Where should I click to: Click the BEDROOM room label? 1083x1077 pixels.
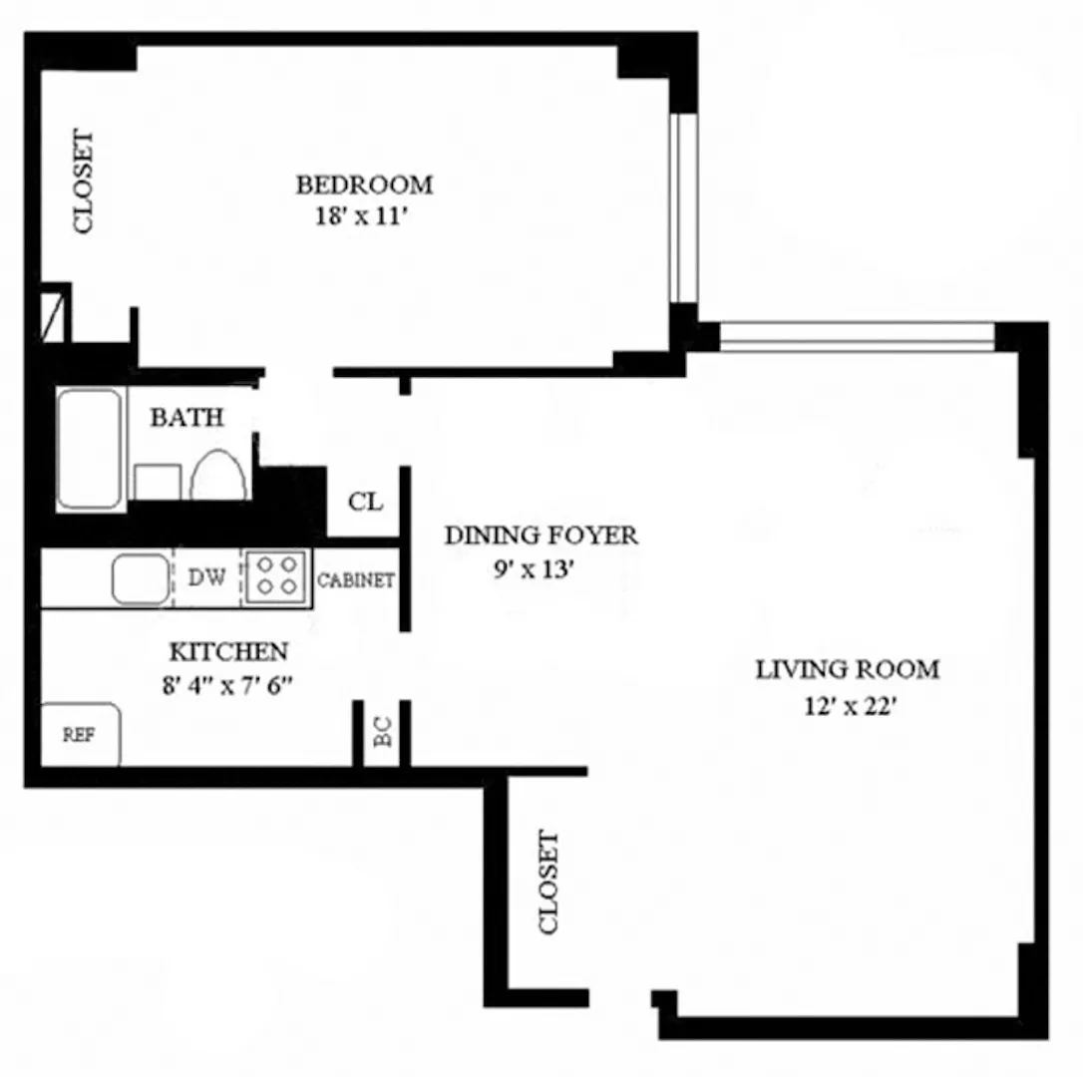point(364,184)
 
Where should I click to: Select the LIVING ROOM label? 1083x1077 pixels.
point(847,669)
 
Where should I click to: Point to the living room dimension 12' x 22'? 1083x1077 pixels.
point(852,706)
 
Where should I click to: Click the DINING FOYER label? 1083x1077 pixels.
point(541,536)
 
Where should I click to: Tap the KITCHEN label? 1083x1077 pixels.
point(228,652)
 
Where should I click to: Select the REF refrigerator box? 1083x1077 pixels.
point(80,735)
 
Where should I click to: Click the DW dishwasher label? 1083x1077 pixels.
point(206,577)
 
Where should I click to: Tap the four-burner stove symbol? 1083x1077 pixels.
point(274,576)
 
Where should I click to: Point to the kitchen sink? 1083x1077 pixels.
point(140,579)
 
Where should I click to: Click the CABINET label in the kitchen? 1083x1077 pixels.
point(356,580)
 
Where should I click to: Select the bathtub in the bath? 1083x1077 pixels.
point(89,448)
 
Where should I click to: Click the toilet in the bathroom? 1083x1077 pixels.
point(219,476)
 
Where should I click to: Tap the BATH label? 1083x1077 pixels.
point(186,418)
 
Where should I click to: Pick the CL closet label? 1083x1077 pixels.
point(365,502)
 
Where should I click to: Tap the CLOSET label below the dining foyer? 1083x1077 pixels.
point(548,883)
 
